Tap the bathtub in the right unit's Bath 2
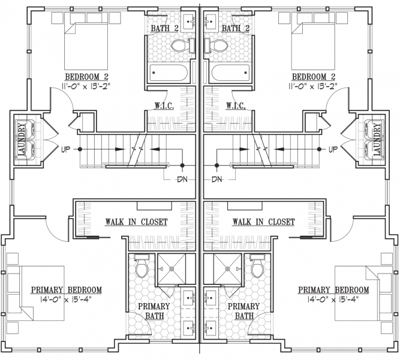click(x=230, y=73)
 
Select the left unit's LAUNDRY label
click(x=22, y=139)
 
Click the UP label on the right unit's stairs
click(x=333, y=149)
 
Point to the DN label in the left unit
click(x=182, y=179)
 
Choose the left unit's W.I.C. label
click(x=164, y=106)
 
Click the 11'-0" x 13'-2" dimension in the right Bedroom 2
click(x=313, y=86)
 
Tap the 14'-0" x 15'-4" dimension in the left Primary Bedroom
click(x=66, y=299)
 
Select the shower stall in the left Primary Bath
click(x=172, y=269)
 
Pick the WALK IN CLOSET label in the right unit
click(x=264, y=222)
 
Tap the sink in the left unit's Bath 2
click(x=190, y=20)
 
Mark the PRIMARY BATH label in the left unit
click(x=154, y=311)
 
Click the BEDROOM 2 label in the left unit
click(x=87, y=77)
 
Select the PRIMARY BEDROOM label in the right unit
click(x=333, y=290)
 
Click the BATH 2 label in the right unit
click(x=236, y=28)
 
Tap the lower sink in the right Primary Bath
click(x=210, y=327)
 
